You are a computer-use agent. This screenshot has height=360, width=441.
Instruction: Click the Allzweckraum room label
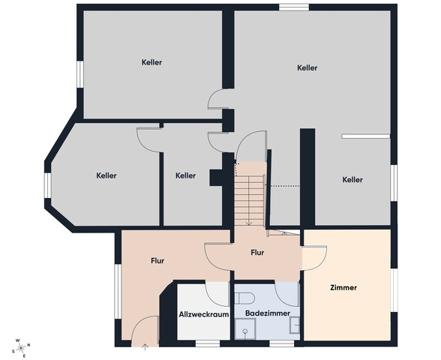click(204, 314)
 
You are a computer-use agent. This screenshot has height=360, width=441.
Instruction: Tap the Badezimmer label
click(268, 313)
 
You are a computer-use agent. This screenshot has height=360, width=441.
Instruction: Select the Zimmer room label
click(343, 287)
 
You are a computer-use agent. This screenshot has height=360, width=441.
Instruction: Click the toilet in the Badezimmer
click(244, 298)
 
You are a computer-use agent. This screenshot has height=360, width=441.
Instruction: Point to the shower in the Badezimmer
click(245, 328)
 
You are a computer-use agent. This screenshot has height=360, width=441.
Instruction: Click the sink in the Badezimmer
click(295, 325)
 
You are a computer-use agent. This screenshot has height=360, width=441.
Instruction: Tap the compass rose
click(21, 348)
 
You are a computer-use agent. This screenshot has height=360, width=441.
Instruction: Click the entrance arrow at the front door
click(145, 346)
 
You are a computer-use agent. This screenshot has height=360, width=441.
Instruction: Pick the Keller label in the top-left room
click(151, 62)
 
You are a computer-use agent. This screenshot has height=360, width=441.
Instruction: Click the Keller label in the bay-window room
click(106, 175)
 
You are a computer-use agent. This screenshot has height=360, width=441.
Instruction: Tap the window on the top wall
click(294, 7)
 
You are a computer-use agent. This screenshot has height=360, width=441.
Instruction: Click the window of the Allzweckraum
click(208, 343)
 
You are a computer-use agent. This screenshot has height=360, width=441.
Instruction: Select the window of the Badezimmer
click(281, 343)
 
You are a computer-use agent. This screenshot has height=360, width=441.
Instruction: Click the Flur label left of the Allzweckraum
click(157, 261)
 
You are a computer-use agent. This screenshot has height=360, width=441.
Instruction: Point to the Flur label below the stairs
click(257, 253)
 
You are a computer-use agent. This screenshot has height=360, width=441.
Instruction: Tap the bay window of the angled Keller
click(48, 185)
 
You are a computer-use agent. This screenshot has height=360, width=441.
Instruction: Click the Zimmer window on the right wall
click(394, 290)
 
